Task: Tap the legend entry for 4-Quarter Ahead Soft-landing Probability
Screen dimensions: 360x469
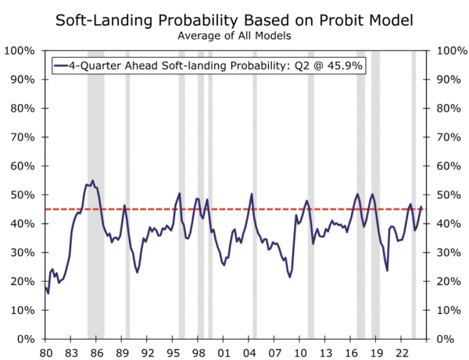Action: tap(207, 66)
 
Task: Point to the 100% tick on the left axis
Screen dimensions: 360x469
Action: tap(18, 51)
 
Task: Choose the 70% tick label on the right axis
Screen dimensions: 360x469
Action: tap(449, 137)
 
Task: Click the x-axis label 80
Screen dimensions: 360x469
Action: tap(45, 351)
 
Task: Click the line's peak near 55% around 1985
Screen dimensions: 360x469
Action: tap(92, 180)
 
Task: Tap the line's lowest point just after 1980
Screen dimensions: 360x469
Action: tap(48, 293)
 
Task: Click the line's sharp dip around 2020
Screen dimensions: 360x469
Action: tap(387, 271)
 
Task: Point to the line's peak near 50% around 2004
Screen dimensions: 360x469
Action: tap(252, 194)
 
